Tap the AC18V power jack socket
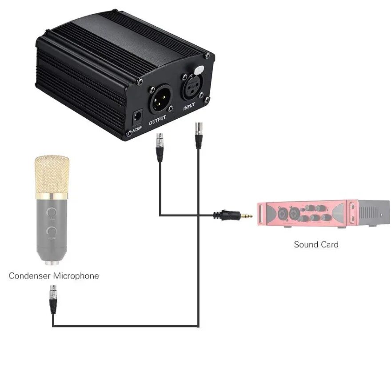tap(136, 117)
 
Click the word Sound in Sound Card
tap(304, 244)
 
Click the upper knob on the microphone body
tap(53, 212)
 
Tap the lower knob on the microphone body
tap(53, 231)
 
